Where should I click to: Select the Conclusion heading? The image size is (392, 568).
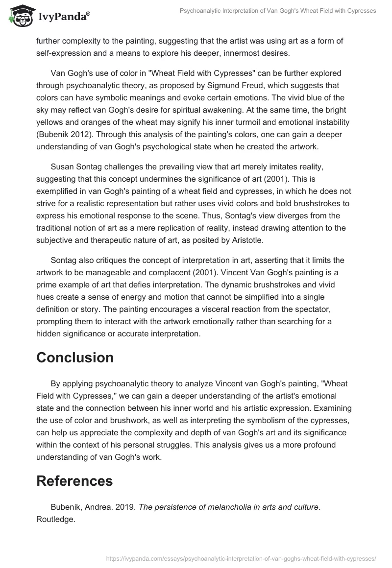point(75,357)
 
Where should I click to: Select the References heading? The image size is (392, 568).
point(74,481)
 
